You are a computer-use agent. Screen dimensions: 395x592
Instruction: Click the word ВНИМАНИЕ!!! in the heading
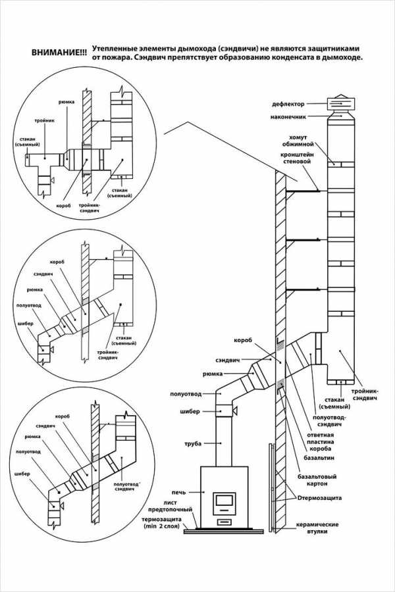pyautogui.click(x=58, y=52)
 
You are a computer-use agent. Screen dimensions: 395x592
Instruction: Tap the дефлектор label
pyautogui.click(x=288, y=104)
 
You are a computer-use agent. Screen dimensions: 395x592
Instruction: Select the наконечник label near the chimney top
pyautogui.click(x=288, y=116)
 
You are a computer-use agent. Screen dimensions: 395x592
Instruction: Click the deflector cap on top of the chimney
pyautogui.click(x=341, y=103)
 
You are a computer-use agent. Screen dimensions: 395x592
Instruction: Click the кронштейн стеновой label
pyautogui.click(x=297, y=158)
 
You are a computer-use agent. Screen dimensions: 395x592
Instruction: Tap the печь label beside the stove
pyautogui.click(x=178, y=492)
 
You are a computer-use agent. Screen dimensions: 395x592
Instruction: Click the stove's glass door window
pyautogui.click(x=224, y=499)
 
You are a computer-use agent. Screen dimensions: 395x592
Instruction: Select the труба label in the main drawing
pyautogui.click(x=193, y=443)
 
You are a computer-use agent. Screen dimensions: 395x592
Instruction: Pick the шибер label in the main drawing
pyautogui.click(x=190, y=411)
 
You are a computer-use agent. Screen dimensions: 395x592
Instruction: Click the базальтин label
pyautogui.click(x=319, y=458)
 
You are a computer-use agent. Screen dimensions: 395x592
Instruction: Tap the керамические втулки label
pyautogui.click(x=317, y=528)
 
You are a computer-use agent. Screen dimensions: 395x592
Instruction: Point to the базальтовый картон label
pyautogui.click(x=317, y=480)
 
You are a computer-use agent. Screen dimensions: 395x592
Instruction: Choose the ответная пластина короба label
pyautogui.click(x=320, y=442)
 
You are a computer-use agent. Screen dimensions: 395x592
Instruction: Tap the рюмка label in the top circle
pyautogui.click(x=66, y=102)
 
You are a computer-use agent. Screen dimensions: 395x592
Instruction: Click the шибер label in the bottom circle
pyautogui.click(x=22, y=474)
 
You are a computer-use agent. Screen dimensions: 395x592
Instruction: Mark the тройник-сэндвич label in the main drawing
pyautogui.click(x=365, y=395)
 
